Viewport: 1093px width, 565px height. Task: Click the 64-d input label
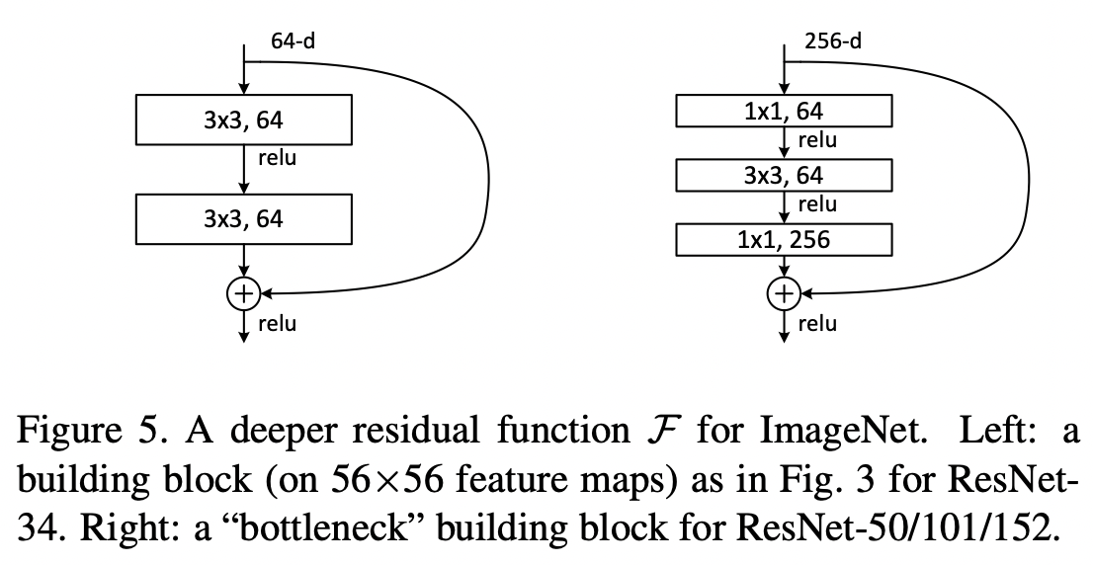[294, 41]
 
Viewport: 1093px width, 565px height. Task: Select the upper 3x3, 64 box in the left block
[243, 121]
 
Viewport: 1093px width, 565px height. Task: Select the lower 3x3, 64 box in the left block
[243, 218]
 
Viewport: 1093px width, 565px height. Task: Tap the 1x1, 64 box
[784, 112]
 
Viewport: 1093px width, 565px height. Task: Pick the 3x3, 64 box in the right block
[784, 176]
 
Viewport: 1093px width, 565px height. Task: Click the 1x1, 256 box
[784, 240]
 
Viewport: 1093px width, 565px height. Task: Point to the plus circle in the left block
[243, 292]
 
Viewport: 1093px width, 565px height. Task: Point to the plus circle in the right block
[784, 292]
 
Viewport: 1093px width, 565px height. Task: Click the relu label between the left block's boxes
[278, 157]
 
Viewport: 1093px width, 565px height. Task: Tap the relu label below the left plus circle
[278, 323]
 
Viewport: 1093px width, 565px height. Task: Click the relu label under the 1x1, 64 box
[817, 141]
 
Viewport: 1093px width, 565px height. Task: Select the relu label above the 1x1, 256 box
[817, 205]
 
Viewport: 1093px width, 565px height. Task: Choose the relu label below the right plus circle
[817, 323]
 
